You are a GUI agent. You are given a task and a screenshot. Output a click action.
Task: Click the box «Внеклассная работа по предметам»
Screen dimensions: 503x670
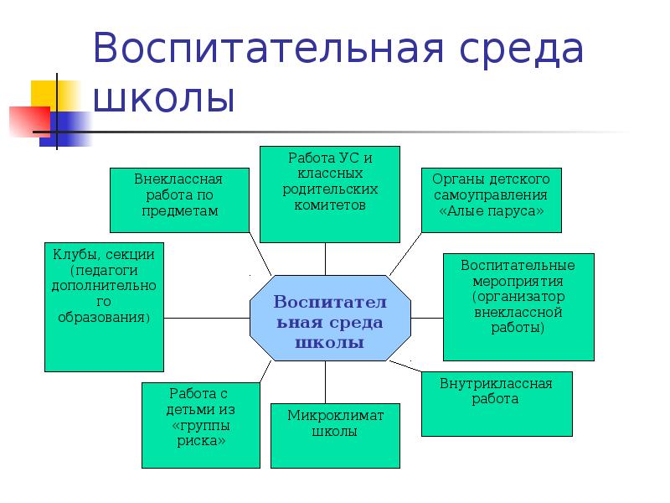[x=178, y=200]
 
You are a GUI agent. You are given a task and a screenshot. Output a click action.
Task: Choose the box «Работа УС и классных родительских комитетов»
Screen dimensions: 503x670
[x=329, y=194]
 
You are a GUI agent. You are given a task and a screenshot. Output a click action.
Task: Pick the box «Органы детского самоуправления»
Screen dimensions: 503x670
[x=491, y=200]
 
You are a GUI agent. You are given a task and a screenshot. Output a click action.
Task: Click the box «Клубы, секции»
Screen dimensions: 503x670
[x=104, y=307]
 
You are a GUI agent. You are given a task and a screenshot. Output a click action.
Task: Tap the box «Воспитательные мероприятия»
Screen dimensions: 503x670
[x=518, y=307]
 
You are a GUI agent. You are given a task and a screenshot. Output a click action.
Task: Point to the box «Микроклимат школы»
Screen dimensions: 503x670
[x=335, y=435]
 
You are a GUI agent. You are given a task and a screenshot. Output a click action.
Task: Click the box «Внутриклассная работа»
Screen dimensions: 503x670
[x=496, y=404]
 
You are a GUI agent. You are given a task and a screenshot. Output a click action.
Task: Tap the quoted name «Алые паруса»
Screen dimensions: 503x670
[x=491, y=210]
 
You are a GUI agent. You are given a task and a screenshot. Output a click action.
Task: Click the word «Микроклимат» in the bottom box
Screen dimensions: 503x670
[x=335, y=416]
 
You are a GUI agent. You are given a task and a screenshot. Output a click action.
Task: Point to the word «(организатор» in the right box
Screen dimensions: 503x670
[x=518, y=297]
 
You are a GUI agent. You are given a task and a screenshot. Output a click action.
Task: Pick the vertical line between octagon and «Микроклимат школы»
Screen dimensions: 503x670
[x=326, y=382]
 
